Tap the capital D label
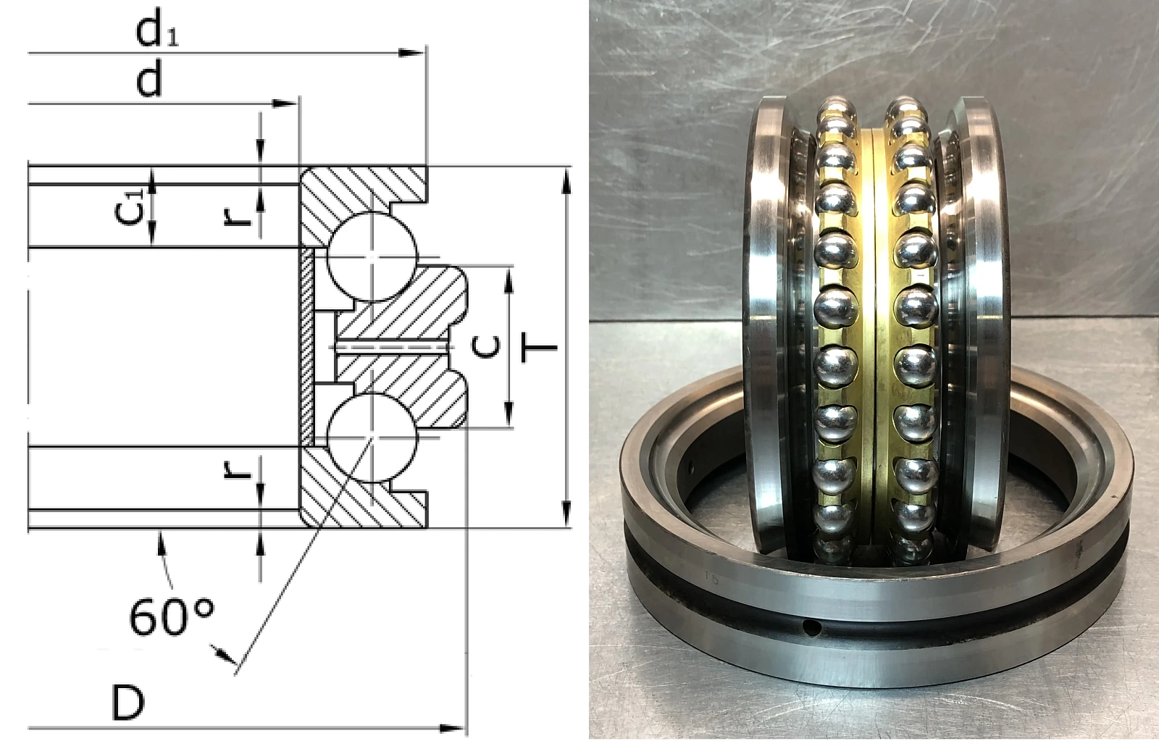coord(127,703)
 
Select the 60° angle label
coord(172,616)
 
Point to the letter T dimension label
coord(539,347)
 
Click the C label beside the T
coord(487,347)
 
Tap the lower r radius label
coord(236,469)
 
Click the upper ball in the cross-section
coord(372,256)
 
